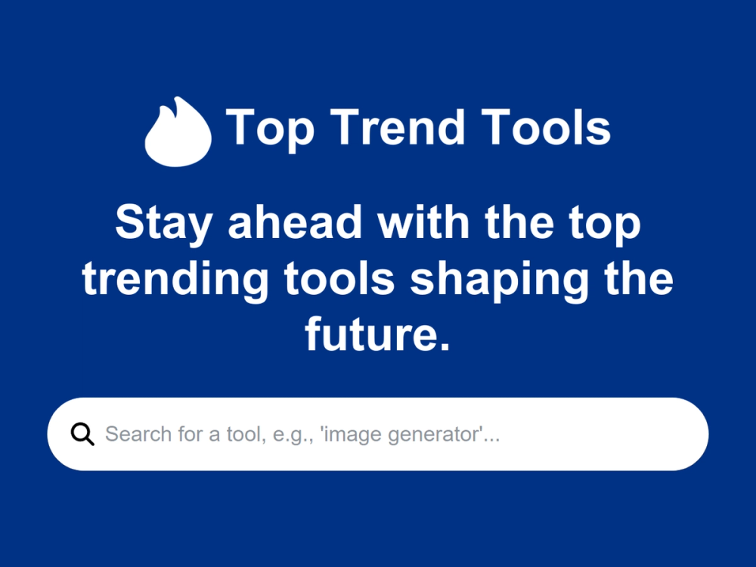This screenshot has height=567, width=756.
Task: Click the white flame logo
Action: click(x=178, y=132)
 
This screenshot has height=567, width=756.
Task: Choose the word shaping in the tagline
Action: click(x=499, y=280)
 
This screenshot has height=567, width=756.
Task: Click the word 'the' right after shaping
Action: click(x=636, y=278)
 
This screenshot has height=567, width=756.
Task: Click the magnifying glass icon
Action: click(x=82, y=434)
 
